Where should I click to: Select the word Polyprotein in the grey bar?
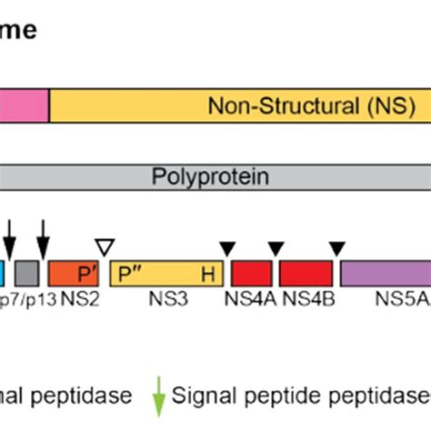coord(210,175)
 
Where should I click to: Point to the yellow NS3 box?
coord(166,274)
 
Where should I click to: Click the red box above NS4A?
coord(252,274)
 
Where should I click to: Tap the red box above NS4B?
coord(306,274)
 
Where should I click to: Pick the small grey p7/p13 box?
coord(28,274)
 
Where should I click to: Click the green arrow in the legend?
coord(159,396)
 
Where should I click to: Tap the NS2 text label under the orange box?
coord(78,299)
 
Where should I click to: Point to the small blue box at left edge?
coord(3,274)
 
